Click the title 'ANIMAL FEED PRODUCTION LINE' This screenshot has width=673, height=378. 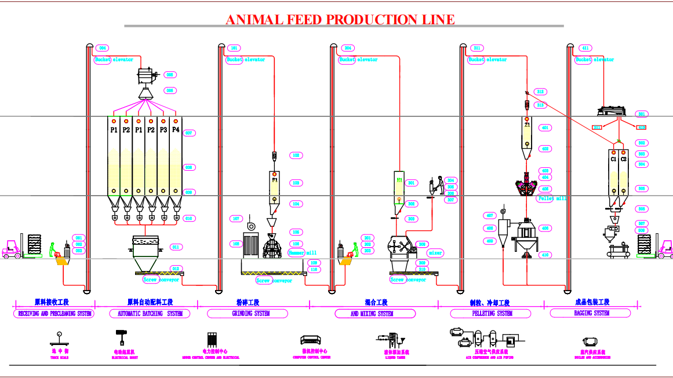click(340, 19)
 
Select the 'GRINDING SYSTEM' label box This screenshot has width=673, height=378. click(247, 313)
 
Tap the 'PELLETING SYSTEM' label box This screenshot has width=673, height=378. click(490, 313)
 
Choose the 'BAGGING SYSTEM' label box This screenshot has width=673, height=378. click(592, 313)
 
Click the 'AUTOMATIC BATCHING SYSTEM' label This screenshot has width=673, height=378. click(150, 313)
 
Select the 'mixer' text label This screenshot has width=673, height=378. click(435, 253)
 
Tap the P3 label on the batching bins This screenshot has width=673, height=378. click(163, 130)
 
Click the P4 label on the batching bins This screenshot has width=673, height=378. click(176, 130)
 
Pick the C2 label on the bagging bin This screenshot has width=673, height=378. click(624, 159)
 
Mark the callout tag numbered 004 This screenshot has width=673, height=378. click(103, 48)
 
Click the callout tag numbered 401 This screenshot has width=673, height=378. click(545, 128)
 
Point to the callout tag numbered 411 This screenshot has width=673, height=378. click(585, 48)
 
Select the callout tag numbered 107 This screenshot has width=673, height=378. click(236, 219)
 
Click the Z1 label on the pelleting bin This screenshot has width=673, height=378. click(527, 125)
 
